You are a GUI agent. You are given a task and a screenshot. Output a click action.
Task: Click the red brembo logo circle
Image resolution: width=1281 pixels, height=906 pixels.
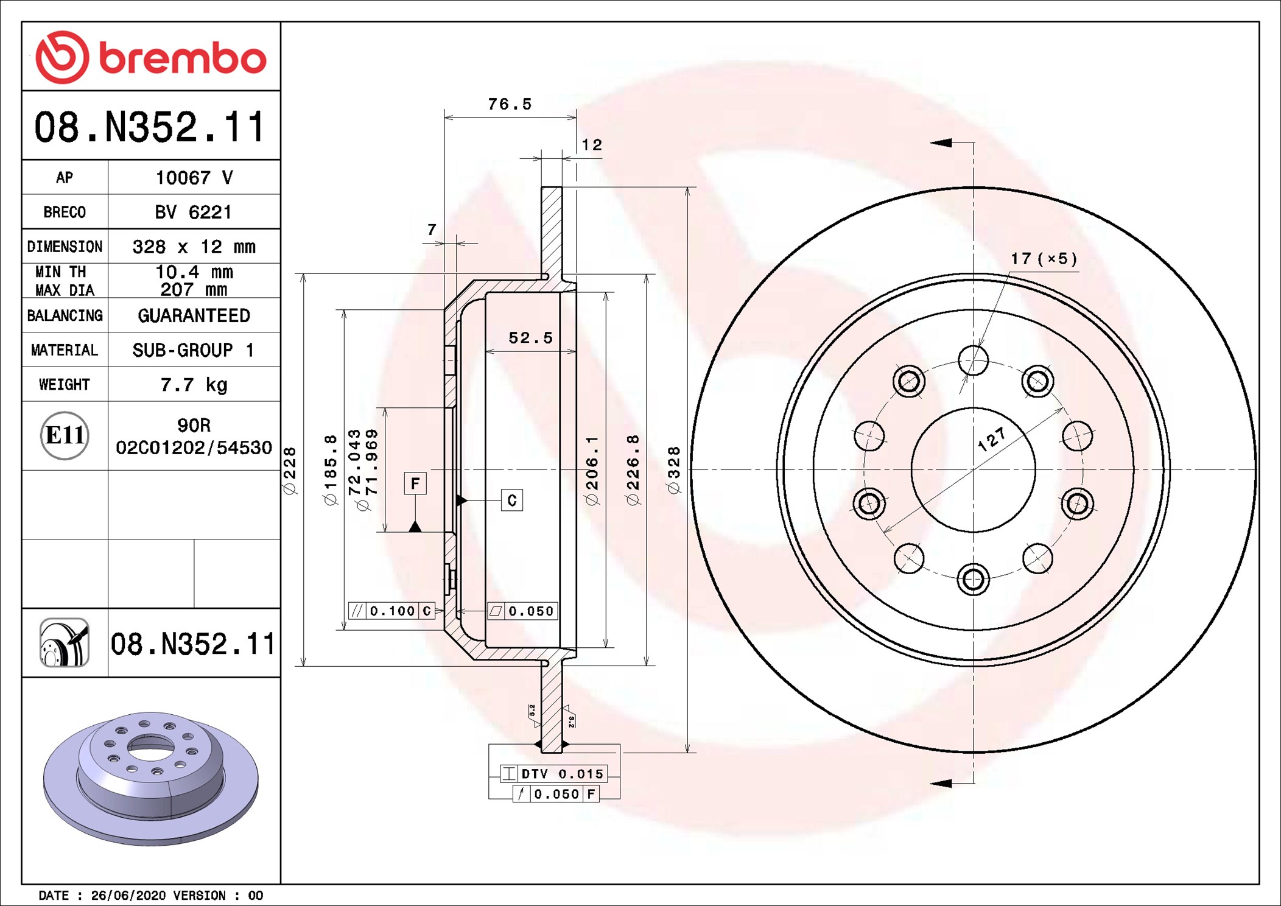pos(62,57)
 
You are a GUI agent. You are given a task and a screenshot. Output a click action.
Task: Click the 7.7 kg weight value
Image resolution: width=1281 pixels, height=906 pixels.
pos(194,385)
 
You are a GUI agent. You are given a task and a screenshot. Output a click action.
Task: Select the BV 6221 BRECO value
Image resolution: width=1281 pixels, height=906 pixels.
pos(194,212)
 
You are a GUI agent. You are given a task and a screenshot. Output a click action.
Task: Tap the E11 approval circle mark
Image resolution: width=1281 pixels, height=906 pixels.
pos(65,435)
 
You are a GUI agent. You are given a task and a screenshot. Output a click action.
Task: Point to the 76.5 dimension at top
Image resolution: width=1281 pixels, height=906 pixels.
pos(510,104)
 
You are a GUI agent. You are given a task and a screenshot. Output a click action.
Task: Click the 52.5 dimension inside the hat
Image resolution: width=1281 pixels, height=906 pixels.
pos(530,338)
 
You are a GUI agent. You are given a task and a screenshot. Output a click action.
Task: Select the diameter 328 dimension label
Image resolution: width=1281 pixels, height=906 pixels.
pos(673,469)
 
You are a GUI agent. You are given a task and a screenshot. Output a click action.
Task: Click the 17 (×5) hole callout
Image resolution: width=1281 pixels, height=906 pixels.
pos(1044,259)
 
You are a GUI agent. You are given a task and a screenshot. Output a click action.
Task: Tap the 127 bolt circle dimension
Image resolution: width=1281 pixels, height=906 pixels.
pos(992,440)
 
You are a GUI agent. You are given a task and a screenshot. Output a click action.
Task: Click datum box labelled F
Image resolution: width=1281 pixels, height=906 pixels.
pos(415,483)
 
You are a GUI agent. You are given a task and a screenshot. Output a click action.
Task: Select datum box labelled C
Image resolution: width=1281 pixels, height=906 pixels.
pos(511,500)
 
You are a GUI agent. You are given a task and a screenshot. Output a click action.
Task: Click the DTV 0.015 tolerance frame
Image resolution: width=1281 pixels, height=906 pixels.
pos(553,774)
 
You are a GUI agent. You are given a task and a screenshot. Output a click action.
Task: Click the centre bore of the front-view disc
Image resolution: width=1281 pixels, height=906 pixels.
pos(973,469)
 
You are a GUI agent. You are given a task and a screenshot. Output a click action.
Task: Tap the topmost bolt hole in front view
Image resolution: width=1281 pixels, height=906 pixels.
pos(973,360)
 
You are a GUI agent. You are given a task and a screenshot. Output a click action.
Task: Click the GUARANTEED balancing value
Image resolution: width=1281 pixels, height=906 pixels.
pos(194,315)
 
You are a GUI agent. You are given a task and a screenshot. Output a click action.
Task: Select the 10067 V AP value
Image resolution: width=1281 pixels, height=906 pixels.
pos(194,178)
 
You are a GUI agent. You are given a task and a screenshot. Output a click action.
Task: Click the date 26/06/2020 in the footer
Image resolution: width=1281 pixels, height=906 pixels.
pos(128,895)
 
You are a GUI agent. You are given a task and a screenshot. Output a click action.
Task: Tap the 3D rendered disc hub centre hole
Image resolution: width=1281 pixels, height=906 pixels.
pos(150,747)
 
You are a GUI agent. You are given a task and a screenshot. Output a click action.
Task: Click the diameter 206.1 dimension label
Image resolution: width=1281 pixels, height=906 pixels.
pos(592,469)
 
